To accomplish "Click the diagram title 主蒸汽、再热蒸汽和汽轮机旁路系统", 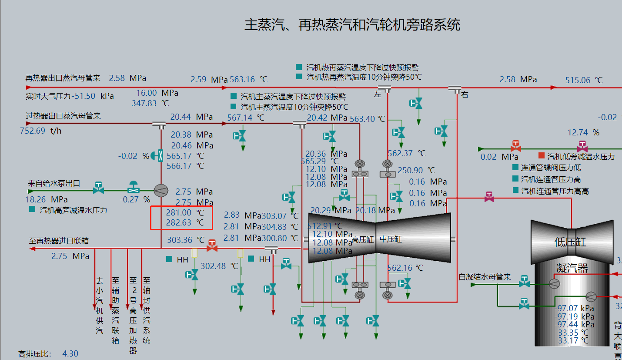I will pos(352,25).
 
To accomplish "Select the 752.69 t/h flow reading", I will pos(33,131).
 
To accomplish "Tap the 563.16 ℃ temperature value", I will pos(242,80).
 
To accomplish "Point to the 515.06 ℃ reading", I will pos(578,80).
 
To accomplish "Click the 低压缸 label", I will pos(570,242).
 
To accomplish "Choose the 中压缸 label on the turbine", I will pos(390,239).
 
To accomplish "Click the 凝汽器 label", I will pos(572,268).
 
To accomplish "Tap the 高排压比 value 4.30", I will pos(70,354).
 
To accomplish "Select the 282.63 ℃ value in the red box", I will pos(179,222).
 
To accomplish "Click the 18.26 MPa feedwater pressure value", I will pos(36,199).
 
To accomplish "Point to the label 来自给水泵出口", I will pos(54,184).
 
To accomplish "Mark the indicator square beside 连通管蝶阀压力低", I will pos(516,168).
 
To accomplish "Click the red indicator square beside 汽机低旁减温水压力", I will pos(542,156).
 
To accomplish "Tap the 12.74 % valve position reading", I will pos(578,132).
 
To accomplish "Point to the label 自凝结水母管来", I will pos(485,277).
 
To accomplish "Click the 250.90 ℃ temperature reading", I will pos(410,170).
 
